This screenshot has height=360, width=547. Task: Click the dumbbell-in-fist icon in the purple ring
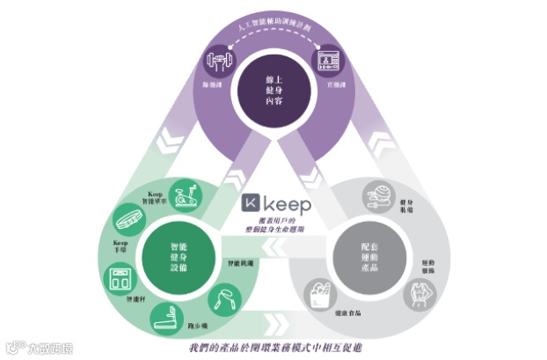216,62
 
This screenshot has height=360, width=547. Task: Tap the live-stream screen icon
329,61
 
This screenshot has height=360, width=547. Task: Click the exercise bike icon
183,196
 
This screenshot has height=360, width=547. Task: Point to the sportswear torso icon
419,296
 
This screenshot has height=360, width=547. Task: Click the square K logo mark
252,204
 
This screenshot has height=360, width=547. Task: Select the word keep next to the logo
289,204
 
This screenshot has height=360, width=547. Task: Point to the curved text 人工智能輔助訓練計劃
273,29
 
